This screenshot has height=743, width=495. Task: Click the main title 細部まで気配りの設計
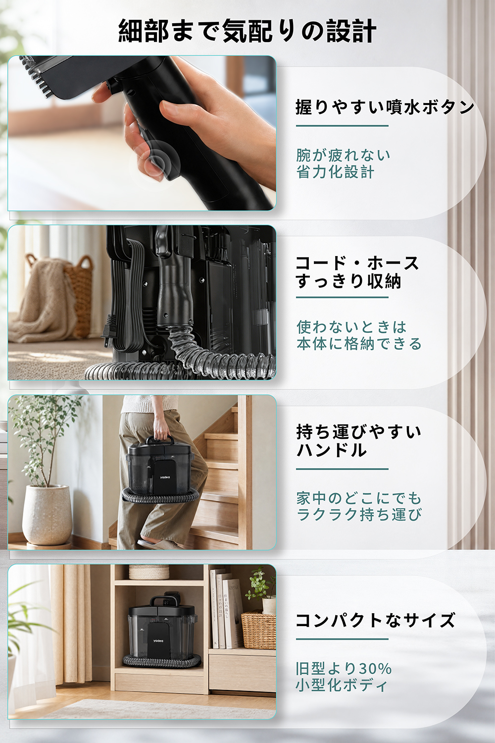[247, 31]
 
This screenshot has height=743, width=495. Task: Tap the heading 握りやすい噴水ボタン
[385, 107]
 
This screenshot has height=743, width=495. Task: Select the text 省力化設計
[335, 172]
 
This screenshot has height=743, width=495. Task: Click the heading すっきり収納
[349, 281]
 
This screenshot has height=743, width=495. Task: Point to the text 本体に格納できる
[359, 344]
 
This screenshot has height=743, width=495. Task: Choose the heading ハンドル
[332, 450]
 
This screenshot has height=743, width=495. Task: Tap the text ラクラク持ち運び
[359, 515]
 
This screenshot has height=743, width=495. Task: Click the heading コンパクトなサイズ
[375, 620]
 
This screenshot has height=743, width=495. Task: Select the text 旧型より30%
[344, 669]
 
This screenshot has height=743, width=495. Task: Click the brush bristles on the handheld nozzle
[37, 76]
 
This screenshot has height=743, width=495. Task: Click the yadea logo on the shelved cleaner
[158, 641]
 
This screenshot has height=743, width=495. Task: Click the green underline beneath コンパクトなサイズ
[342, 639]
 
